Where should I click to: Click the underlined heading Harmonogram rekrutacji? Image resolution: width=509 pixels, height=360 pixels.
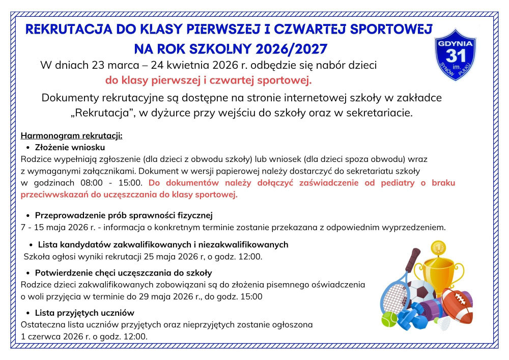(x=72, y=136)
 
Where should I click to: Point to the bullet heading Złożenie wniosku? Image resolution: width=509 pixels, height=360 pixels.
(x=70, y=147)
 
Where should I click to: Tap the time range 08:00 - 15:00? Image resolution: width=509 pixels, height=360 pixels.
(x=111, y=182)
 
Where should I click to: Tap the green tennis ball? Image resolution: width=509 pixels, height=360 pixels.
(x=389, y=320)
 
